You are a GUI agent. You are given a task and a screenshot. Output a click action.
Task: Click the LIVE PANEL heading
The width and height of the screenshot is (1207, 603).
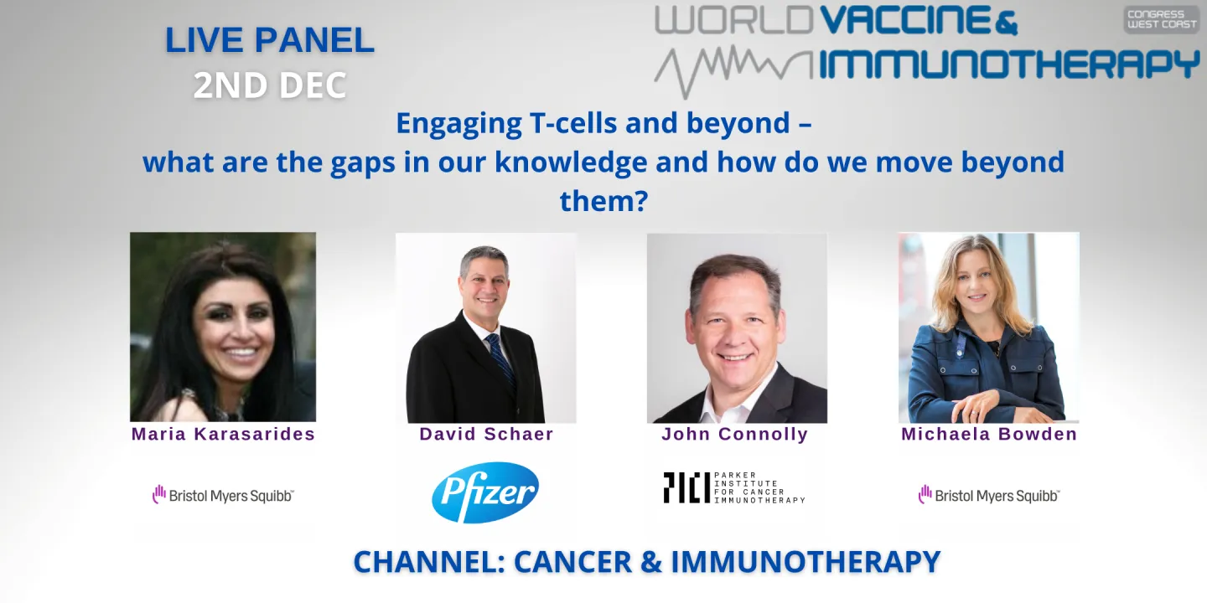pos(269,40)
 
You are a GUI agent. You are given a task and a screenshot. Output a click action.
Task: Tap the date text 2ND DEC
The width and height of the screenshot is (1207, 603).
pos(269,85)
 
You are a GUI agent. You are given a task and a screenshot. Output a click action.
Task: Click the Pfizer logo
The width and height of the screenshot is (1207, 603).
pos(485,492)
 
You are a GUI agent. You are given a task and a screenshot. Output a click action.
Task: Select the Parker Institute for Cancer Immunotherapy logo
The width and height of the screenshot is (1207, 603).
pos(733,487)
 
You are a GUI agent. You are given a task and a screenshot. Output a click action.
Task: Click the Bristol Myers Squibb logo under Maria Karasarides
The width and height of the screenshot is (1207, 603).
pos(223,495)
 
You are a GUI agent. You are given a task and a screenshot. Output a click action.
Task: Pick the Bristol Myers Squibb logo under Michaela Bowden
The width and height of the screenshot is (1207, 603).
pos(989,495)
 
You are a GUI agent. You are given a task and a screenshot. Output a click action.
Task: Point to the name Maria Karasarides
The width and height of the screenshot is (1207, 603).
pos(223,434)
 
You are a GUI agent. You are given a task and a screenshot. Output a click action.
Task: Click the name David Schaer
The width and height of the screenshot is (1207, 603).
pos(486,434)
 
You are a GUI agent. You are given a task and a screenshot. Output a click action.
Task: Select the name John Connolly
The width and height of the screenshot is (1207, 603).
pos(734,434)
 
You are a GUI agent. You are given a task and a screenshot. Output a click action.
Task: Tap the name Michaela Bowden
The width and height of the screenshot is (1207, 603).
pos(989,434)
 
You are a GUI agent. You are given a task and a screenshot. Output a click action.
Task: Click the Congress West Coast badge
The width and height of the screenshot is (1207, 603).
pos(1161,19)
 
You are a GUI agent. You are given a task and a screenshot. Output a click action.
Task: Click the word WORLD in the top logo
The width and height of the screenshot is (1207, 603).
pos(733,20)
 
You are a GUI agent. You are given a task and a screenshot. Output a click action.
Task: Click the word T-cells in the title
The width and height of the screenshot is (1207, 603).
pos(569,123)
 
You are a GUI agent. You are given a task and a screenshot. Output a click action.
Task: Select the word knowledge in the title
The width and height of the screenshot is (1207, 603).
pos(571,162)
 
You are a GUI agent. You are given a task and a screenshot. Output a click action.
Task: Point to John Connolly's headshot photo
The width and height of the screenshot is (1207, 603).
pos(737,327)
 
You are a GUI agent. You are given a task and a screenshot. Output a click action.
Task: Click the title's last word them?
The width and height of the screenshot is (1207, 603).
pos(603,200)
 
